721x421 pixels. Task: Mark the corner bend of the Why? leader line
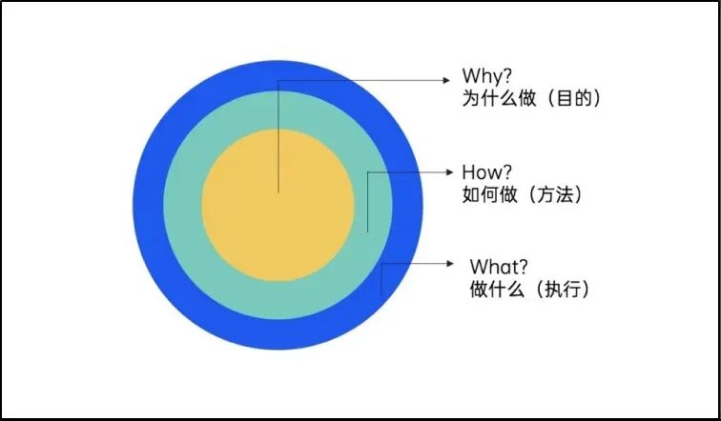click(278, 79)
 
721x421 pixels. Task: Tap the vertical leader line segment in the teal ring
click(367, 205)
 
